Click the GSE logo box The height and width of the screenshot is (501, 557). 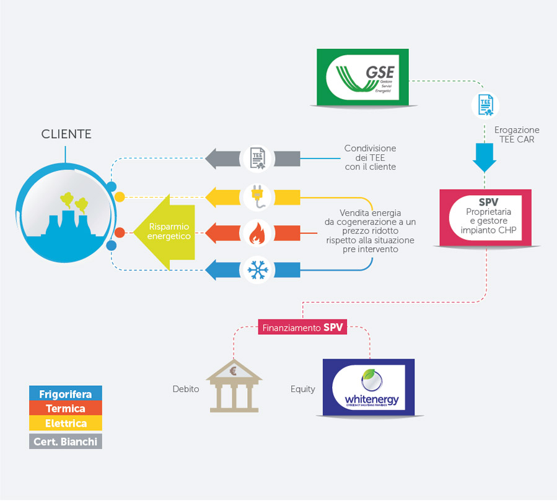(x=362, y=77)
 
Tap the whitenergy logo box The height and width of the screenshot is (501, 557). (x=369, y=387)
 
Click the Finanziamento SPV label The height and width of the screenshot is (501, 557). (x=302, y=328)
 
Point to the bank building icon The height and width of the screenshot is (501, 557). (x=234, y=387)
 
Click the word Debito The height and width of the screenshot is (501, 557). (x=186, y=390)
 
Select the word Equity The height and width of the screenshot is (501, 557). (x=303, y=390)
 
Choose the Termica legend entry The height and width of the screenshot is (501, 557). (x=65, y=409)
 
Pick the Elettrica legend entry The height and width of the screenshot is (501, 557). (x=65, y=424)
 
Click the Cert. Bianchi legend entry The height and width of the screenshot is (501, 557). (x=65, y=442)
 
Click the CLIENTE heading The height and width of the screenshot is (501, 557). (x=66, y=134)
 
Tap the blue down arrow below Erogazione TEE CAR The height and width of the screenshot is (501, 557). (x=484, y=157)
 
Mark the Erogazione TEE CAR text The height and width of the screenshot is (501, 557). (x=517, y=134)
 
